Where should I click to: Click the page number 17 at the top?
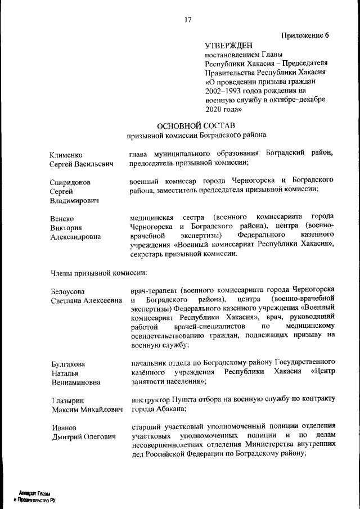(x=188, y=20)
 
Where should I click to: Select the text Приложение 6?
(x=305, y=35)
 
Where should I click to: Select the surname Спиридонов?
(x=70, y=183)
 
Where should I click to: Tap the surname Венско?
(x=62, y=219)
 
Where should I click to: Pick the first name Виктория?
(x=66, y=228)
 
